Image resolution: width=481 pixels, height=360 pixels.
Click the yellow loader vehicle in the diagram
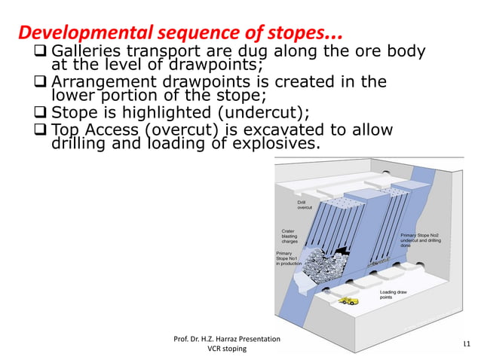(348, 301)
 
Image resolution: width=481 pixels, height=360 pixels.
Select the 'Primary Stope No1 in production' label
(290, 258)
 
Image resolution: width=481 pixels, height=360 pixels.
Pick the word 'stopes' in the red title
(307, 34)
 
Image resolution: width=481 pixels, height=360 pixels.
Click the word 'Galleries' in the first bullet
(82, 52)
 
